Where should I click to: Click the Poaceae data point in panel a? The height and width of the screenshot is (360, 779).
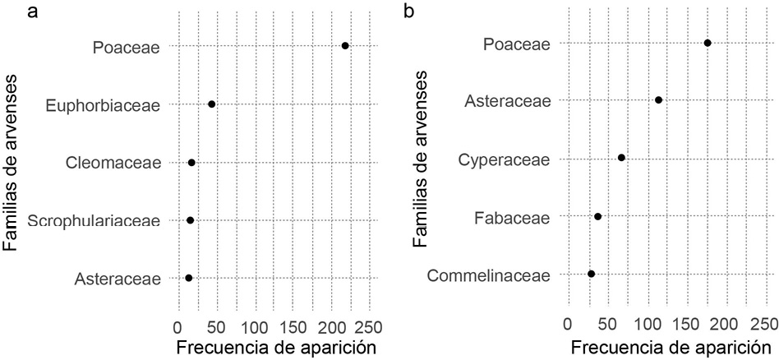(x=345, y=46)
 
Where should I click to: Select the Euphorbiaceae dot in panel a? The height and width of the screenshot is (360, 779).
(x=212, y=104)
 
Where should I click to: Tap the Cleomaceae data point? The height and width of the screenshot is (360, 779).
(x=192, y=163)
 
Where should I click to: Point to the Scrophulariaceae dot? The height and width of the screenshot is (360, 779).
(x=191, y=220)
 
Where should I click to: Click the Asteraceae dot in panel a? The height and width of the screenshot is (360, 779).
(x=189, y=279)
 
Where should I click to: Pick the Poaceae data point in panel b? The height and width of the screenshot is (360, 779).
(x=708, y=43)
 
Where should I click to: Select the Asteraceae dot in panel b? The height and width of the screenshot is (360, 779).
(x=659, y=100)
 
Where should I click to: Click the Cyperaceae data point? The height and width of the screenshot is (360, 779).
(x=621, y=158)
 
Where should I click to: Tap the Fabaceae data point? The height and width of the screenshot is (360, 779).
(x=598, y=216)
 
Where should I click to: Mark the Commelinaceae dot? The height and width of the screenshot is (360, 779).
(x=592, y=274)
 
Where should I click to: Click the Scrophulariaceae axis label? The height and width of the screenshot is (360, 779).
(x=94, y=220)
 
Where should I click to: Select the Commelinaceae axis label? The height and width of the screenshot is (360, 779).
(x=488, y=274)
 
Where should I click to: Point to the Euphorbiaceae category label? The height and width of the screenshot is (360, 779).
(x=103, y=104)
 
